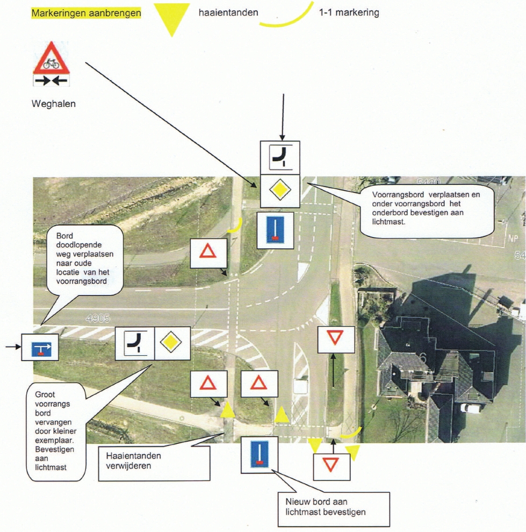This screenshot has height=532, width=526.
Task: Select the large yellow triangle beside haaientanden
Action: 171,20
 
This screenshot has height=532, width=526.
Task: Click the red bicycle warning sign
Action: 52,60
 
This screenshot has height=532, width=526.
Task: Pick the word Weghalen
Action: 54,104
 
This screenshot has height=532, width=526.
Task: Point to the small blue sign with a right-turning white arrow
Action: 40,347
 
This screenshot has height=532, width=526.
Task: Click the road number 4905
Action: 97,319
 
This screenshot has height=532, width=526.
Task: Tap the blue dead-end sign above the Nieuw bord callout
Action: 259,455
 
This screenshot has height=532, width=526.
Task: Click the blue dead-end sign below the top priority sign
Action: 275,230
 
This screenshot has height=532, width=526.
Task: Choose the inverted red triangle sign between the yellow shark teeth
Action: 332,462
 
